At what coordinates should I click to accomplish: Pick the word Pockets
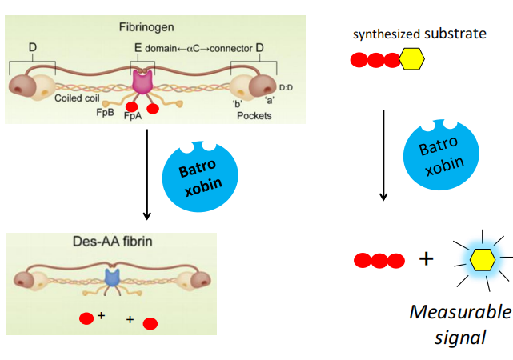tap(254, 115)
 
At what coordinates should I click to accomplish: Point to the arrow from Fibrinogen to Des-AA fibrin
tap(147, 171)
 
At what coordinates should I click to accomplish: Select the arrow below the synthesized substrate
tap(383, 155)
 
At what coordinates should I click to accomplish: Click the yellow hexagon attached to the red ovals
tap(411, 60)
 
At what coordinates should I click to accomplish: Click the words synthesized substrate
tap(408, 34)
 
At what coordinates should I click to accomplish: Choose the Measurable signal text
tap(459, 323)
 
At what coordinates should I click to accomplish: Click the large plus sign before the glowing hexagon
tap(427, 258)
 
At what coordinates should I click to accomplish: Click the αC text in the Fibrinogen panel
tap(191, 50)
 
